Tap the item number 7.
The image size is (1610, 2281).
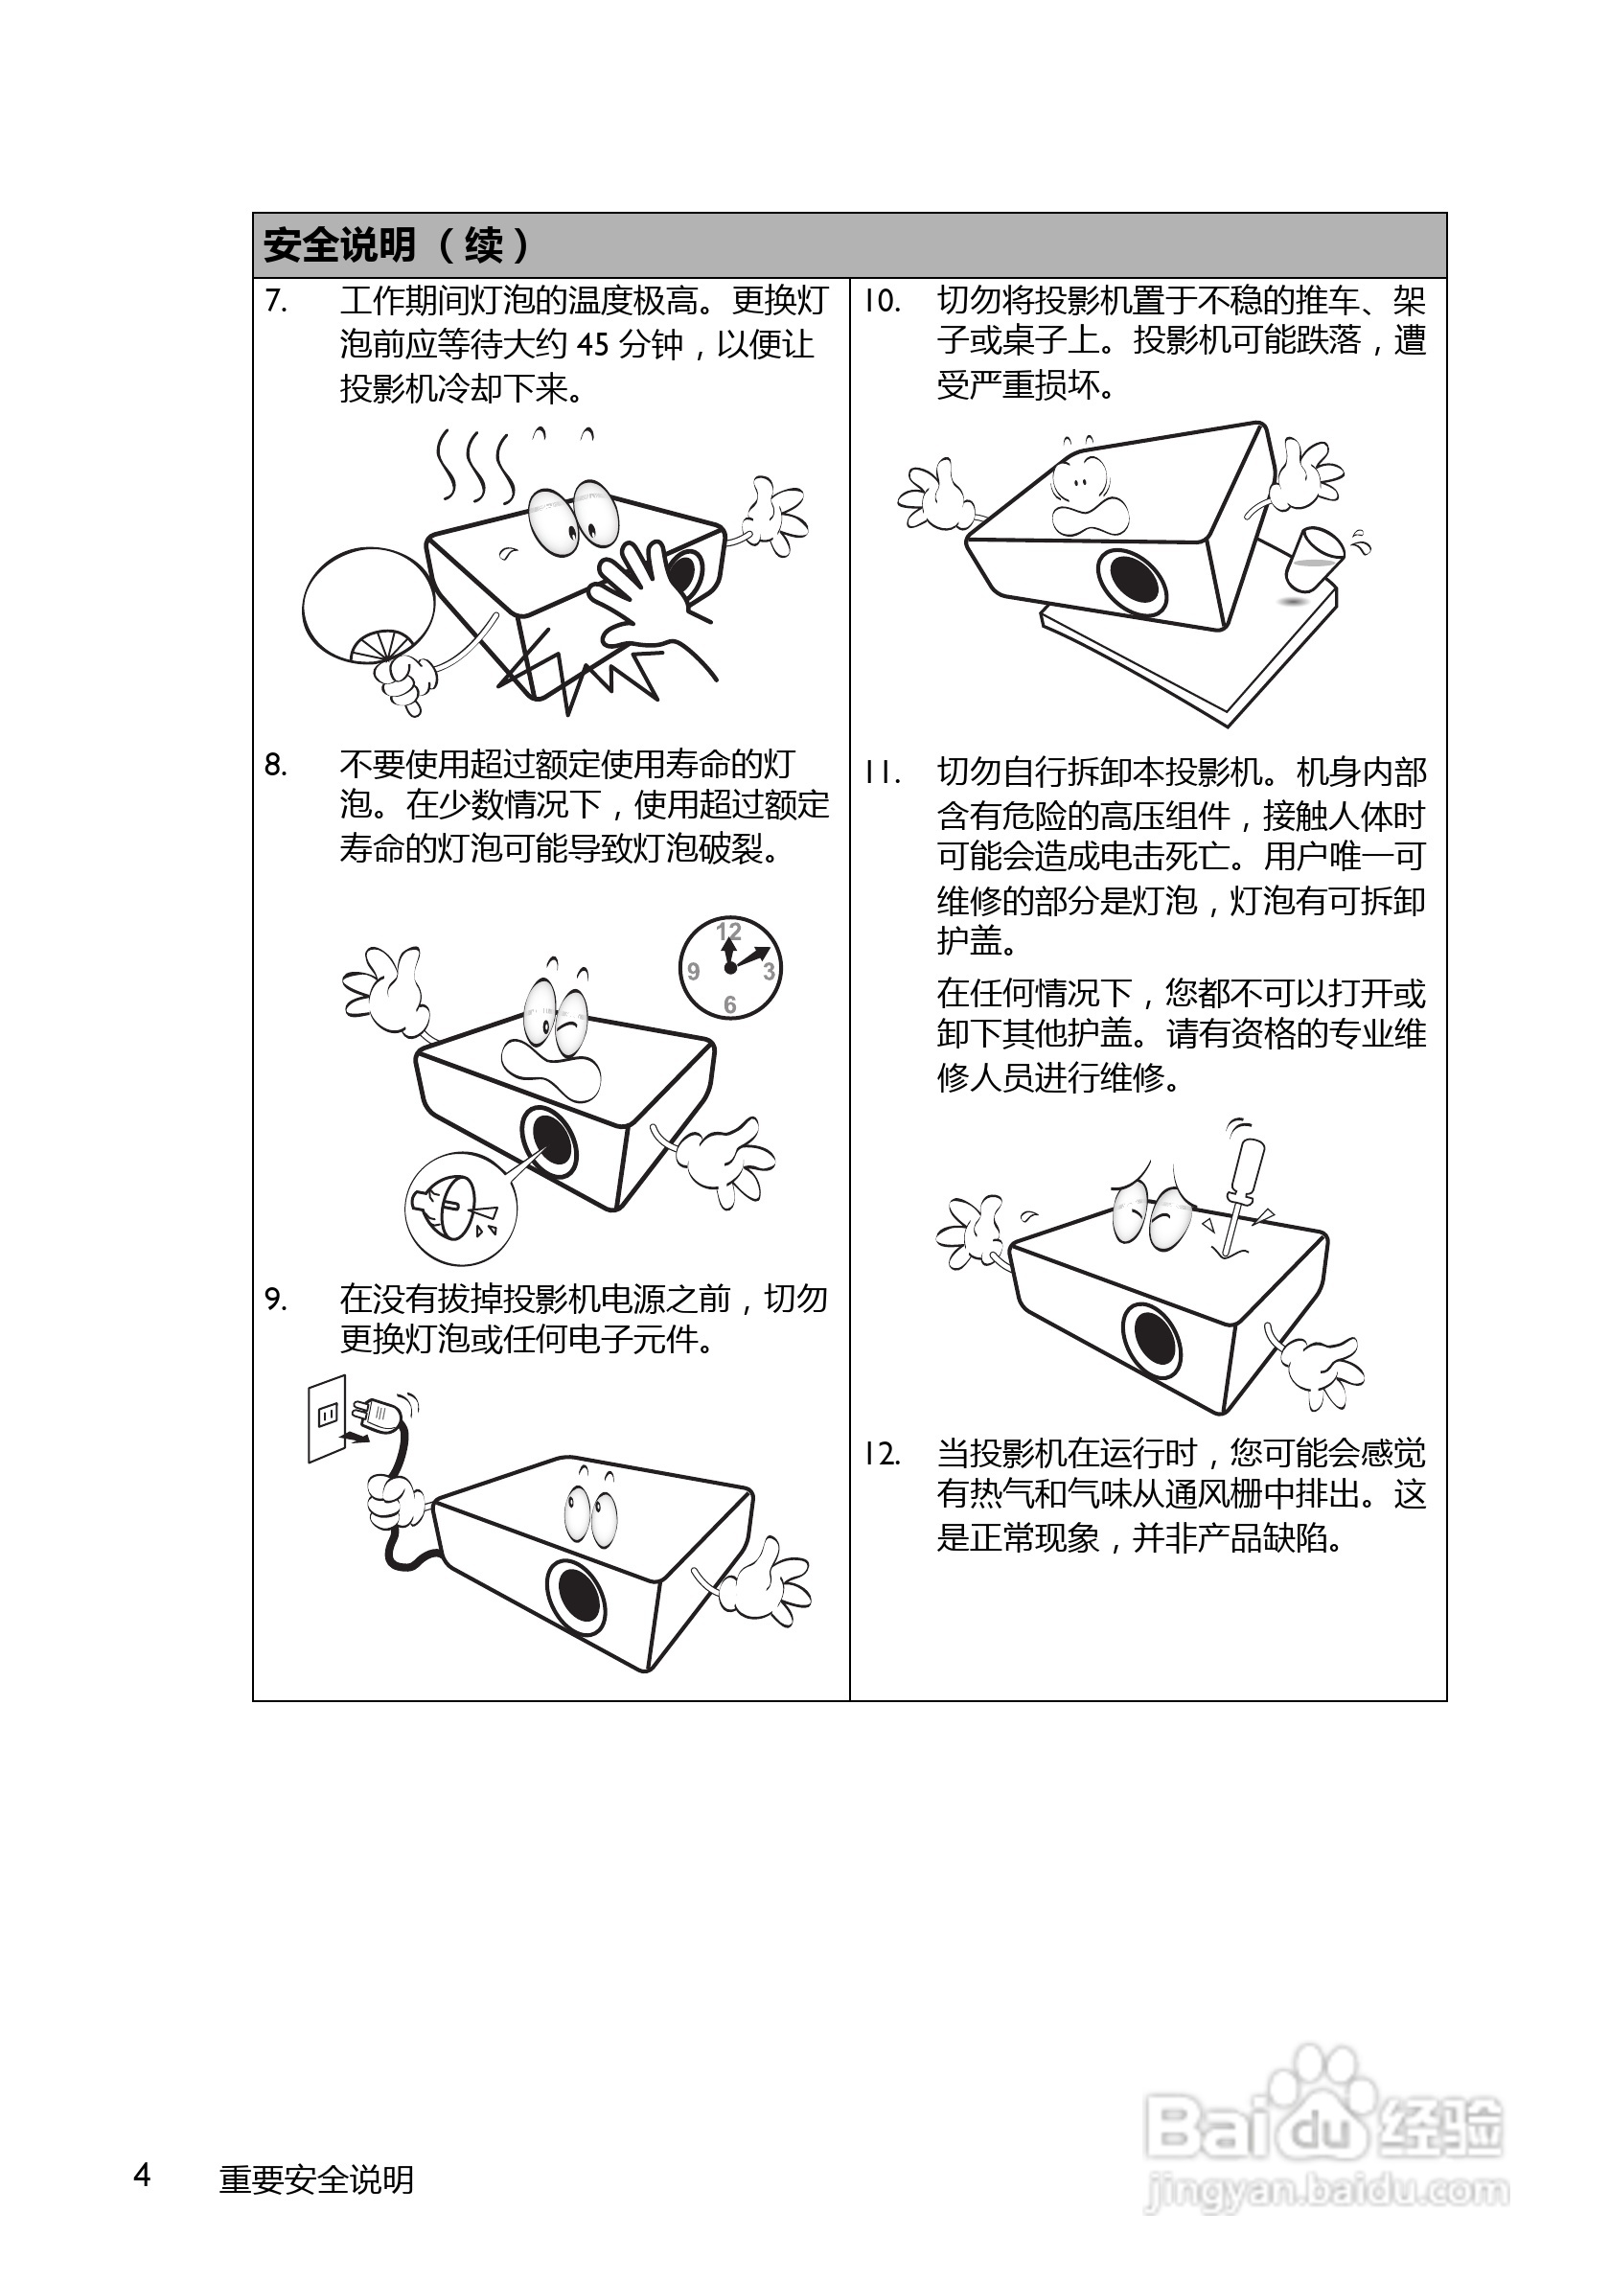[276, 299]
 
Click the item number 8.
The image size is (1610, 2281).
[276, 765]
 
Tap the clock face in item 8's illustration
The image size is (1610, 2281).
[730, 968]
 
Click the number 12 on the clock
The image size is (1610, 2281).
[729, 931]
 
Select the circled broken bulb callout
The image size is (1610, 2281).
[461, 1208]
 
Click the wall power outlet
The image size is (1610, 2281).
[327, 1417]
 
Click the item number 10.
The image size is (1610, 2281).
[881, 300]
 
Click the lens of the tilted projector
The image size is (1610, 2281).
[1132, 580]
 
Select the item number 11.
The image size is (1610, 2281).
[881, 772]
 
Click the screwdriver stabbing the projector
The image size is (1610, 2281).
[1241, 1192]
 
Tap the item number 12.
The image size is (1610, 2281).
[881, 1455]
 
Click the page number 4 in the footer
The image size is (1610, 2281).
[142, 2175]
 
